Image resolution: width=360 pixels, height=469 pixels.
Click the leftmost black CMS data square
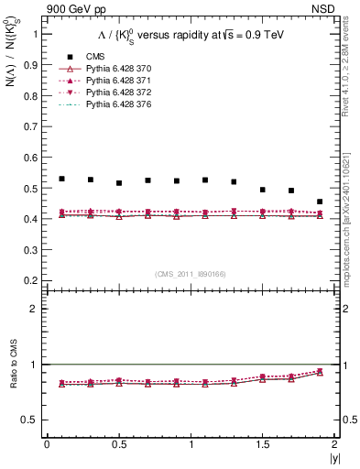pos(61,179)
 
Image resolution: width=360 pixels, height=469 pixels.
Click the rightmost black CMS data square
pos(320,202)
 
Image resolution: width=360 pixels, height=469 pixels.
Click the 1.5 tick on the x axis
pos(262,444)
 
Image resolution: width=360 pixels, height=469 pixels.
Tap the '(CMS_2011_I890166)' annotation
pos(191,274)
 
